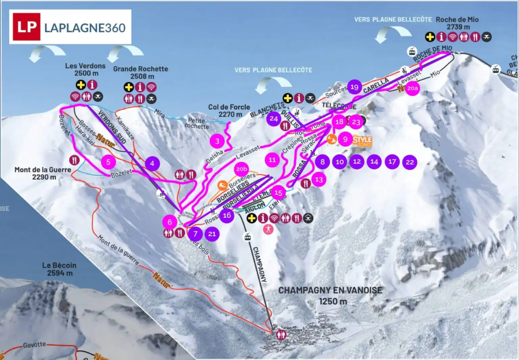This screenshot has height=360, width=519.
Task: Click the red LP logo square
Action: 26,27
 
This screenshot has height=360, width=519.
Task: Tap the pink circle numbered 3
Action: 218,141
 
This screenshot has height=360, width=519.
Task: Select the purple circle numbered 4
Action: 152,164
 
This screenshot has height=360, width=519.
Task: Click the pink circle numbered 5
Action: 109,162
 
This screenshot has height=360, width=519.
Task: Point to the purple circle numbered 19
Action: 355,87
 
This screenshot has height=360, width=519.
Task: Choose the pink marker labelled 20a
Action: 413,88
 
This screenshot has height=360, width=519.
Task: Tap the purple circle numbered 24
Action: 273,119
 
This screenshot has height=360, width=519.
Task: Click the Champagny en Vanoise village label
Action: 330,295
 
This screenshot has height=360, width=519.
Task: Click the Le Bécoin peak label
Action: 57,269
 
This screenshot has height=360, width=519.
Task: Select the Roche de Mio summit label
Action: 457,23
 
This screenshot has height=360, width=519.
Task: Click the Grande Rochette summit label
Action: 141,73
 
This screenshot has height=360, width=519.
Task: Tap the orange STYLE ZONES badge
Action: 362,141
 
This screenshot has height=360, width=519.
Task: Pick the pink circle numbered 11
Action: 272,160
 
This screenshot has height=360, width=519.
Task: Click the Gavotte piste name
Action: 35,344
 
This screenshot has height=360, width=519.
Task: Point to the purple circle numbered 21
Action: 212,234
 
